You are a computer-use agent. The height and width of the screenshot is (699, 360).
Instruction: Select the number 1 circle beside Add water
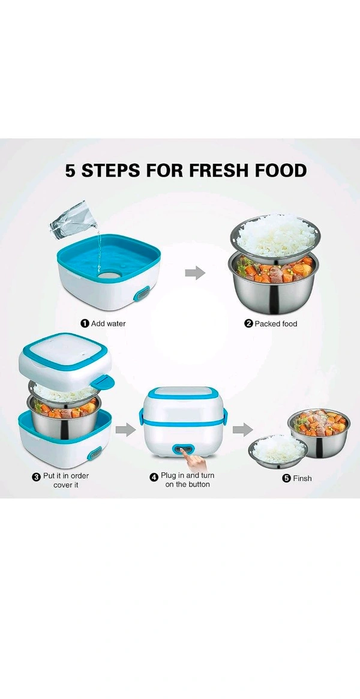click(x=85, y=323)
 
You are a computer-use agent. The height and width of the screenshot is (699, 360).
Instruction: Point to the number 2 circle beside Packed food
click(x=248, y=323)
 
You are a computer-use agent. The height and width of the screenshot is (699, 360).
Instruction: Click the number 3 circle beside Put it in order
click(x=37, y=476)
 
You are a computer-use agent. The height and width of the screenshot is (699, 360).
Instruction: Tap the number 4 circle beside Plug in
click(x=154, y=476)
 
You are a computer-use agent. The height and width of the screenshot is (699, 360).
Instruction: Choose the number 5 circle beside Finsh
click(x=286, y=478)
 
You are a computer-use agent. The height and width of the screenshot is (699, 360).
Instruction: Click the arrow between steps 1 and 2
click(x=195, y=273)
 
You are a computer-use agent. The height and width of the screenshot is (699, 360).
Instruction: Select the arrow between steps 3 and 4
click(x=125, y=429)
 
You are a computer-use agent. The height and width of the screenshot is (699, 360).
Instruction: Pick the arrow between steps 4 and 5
click(x=242, y=429)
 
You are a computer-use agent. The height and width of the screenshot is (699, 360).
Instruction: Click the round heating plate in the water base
click(x=109, y=274)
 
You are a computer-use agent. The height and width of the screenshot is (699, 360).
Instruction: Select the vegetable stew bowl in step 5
click(x=319, y=433)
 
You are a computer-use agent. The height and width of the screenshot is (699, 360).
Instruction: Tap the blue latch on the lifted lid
click(x=103, y=382)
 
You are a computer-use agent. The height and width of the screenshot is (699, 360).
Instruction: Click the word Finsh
click(x=302, y=478)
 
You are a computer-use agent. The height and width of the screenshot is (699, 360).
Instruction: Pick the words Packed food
click(x=276, y=323)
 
